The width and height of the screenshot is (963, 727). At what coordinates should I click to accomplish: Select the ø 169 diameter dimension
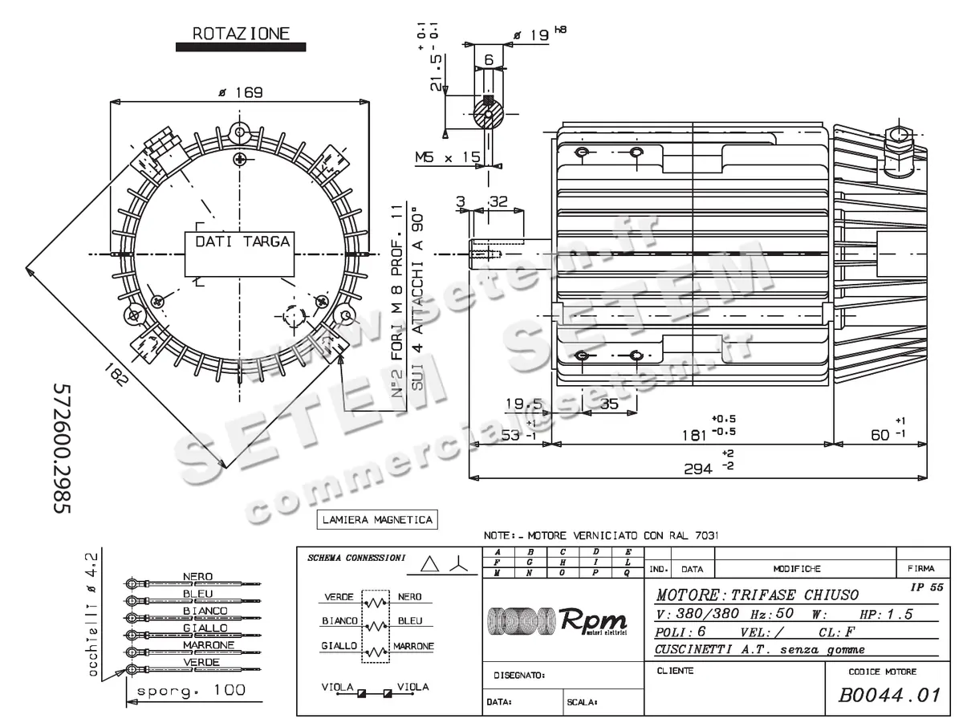tap(241, 92)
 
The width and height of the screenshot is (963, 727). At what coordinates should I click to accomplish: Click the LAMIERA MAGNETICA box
tap(377, 520)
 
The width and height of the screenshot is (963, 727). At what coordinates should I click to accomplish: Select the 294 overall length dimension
tap(697, 469)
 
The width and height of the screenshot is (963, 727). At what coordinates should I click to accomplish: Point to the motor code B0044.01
tap(888, 695)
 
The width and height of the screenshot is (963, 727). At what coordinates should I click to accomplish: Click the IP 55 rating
tap(926, 587)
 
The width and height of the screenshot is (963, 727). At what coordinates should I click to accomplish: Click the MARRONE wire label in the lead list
tap(208, 645)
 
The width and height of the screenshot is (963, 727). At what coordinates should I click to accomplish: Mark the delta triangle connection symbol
tap(431, 565)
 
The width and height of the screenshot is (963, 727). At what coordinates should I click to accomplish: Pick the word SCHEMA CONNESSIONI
tap(356, 558)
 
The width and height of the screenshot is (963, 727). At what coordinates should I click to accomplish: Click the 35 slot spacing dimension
tap(609, 404)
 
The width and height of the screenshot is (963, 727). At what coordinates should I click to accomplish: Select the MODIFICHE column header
tap(796, 569)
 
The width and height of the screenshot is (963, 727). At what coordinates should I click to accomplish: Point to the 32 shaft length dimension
tap(498, 203)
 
